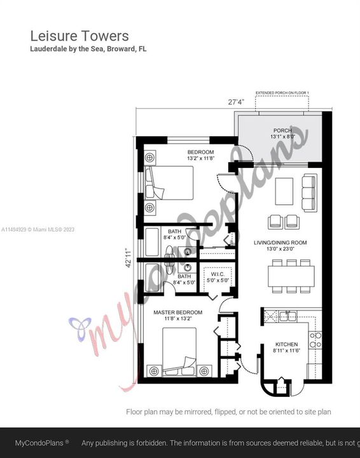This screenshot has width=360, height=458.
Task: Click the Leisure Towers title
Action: (x=80, y=36)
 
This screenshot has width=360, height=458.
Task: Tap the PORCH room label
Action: (x=282, y=130)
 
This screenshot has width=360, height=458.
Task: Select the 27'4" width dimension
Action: (x=237, y=101)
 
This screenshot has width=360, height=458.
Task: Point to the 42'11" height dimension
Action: (x=128, y=257)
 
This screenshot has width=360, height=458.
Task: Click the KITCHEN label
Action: (x=286, y=343)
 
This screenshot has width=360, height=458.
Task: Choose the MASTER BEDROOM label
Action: (x=178, y=312)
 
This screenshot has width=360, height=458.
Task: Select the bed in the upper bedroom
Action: (x=169, y=183)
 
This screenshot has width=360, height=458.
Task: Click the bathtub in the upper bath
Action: (x=153, y=242)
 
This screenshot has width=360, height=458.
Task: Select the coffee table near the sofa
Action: (x=284, y=191)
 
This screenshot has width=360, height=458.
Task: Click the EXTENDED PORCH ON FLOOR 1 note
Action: (x=282, y=94)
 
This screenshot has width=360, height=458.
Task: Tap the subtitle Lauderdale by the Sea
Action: (x=88, y=49)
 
